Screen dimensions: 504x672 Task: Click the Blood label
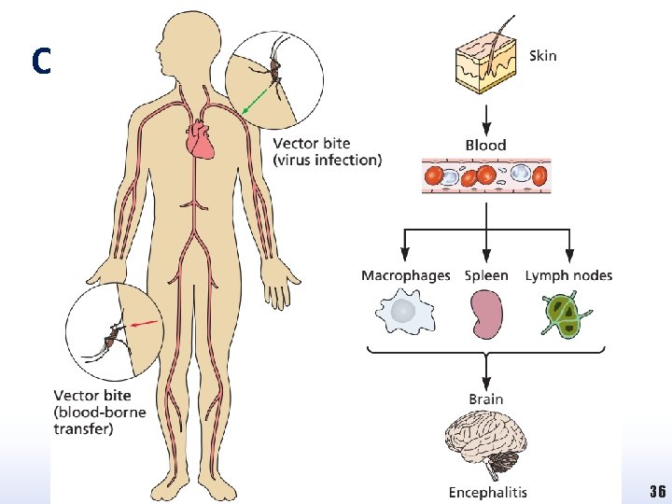485,145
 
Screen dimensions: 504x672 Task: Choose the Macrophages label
405,275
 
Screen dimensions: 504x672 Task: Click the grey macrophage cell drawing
404,314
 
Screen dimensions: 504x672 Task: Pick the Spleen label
486,275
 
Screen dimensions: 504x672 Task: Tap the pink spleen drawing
485,315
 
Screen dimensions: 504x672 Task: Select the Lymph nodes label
568,275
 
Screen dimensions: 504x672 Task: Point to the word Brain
485,399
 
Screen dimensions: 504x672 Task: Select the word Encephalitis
487,492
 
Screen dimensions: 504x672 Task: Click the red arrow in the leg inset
146,324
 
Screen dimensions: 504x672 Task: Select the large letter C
39,62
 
